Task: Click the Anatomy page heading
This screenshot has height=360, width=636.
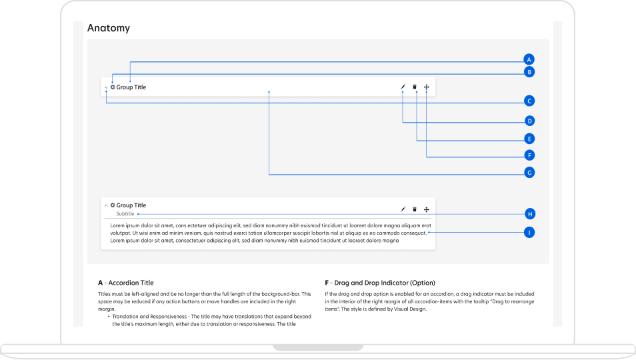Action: click(x=109, y=28)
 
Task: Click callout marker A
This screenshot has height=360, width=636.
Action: click(x=529, y=59)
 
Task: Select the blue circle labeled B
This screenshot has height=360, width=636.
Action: click(x=529, y=72)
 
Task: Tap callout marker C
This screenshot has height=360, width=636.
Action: click(x=529, y=101)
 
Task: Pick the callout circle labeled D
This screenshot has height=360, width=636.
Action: click(x=529, y=121)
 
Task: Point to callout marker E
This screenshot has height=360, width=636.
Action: click(x=529, y=139)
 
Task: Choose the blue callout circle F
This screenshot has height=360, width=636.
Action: click(x=529, y=155)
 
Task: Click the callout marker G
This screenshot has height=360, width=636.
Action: click(x=529, y=173)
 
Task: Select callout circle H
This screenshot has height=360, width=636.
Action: click(x=529, y=214)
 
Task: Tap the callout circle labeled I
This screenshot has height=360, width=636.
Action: click(x=529, y=233)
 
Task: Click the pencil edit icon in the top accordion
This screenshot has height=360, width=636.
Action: click(x=403, y=87)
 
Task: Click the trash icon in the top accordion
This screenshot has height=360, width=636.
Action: click(x=415, y=87)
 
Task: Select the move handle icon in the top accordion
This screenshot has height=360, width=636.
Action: click(x=427, y=87)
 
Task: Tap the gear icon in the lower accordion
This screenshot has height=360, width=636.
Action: click(x=113, y=205)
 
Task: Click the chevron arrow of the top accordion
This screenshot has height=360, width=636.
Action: click(x=106, y=88)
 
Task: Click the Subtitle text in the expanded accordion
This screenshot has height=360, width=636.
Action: click(x=125, y=214)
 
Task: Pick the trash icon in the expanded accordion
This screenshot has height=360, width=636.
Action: click(x=415, y=209)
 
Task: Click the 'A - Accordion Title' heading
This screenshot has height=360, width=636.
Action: click(x=125, y=283)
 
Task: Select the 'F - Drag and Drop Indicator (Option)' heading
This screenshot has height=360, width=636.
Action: click(x=379, y=283)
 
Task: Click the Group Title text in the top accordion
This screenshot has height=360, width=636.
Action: click(x=131, y=87)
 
